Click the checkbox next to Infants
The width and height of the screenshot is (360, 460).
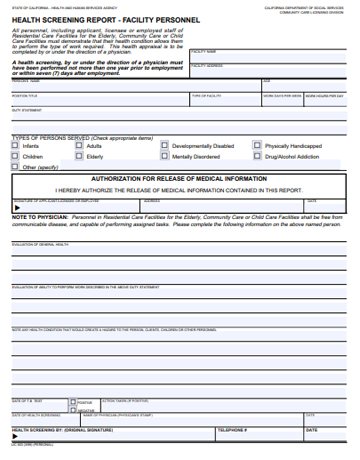16,146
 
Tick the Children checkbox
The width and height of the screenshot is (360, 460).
16,157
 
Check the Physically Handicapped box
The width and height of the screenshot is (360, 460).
258,146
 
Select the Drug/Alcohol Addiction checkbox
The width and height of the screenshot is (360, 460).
258,157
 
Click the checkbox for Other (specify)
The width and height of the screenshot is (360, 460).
16,168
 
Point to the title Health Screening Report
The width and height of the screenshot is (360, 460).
81,19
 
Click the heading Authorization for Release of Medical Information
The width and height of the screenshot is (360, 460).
179,178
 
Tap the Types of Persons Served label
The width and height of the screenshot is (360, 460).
60,137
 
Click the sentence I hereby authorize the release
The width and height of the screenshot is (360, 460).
179,188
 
